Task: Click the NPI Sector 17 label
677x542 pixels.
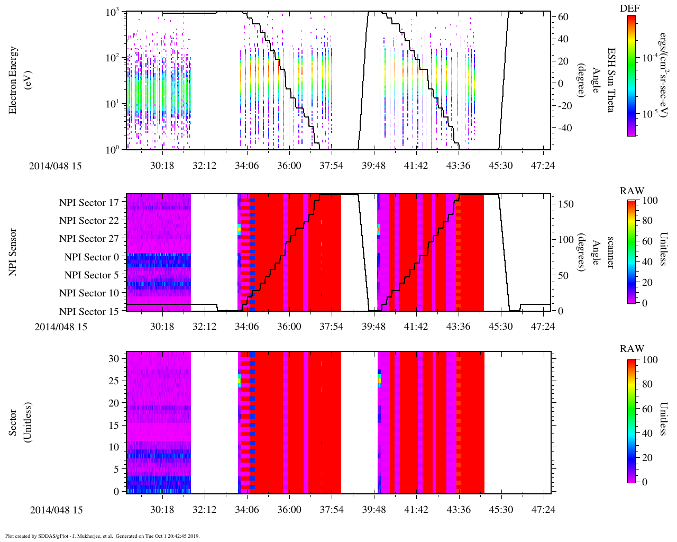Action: click(x=89, y=202)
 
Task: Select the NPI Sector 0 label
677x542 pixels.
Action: click(x=92, y=257)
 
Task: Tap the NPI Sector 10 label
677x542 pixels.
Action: click(x=89, y=293)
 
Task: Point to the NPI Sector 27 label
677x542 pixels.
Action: click(x=89, y=239)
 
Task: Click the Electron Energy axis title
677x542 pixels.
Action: click(x=19, y=80)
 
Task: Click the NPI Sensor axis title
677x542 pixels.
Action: click(x=13, y=252)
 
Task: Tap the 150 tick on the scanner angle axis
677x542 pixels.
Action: click(x=566, y=204)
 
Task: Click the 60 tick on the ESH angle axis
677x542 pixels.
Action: click(x=563, y=17)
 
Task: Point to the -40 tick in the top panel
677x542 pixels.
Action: click(x=562, y=128)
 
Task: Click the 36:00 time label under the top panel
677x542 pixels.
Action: click(x=289, y=166)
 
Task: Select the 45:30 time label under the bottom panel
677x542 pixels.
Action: click(x=500, y=510)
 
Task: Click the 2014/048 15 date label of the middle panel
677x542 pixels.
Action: click(x=61, y=327)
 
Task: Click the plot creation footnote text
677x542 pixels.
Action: click(x=102, y=536)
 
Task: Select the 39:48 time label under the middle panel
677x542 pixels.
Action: click(x=374, y=327)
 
